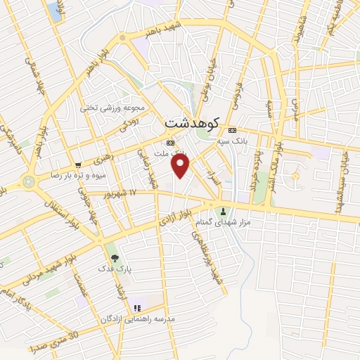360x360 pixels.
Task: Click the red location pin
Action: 181,165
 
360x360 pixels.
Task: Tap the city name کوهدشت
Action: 191,122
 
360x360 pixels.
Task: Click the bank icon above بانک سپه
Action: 232,131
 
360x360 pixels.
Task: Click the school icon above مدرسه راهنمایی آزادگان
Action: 137,307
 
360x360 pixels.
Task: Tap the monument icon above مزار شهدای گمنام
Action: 224,212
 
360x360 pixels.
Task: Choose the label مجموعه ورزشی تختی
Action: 112,108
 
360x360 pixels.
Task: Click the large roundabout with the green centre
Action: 29,181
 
